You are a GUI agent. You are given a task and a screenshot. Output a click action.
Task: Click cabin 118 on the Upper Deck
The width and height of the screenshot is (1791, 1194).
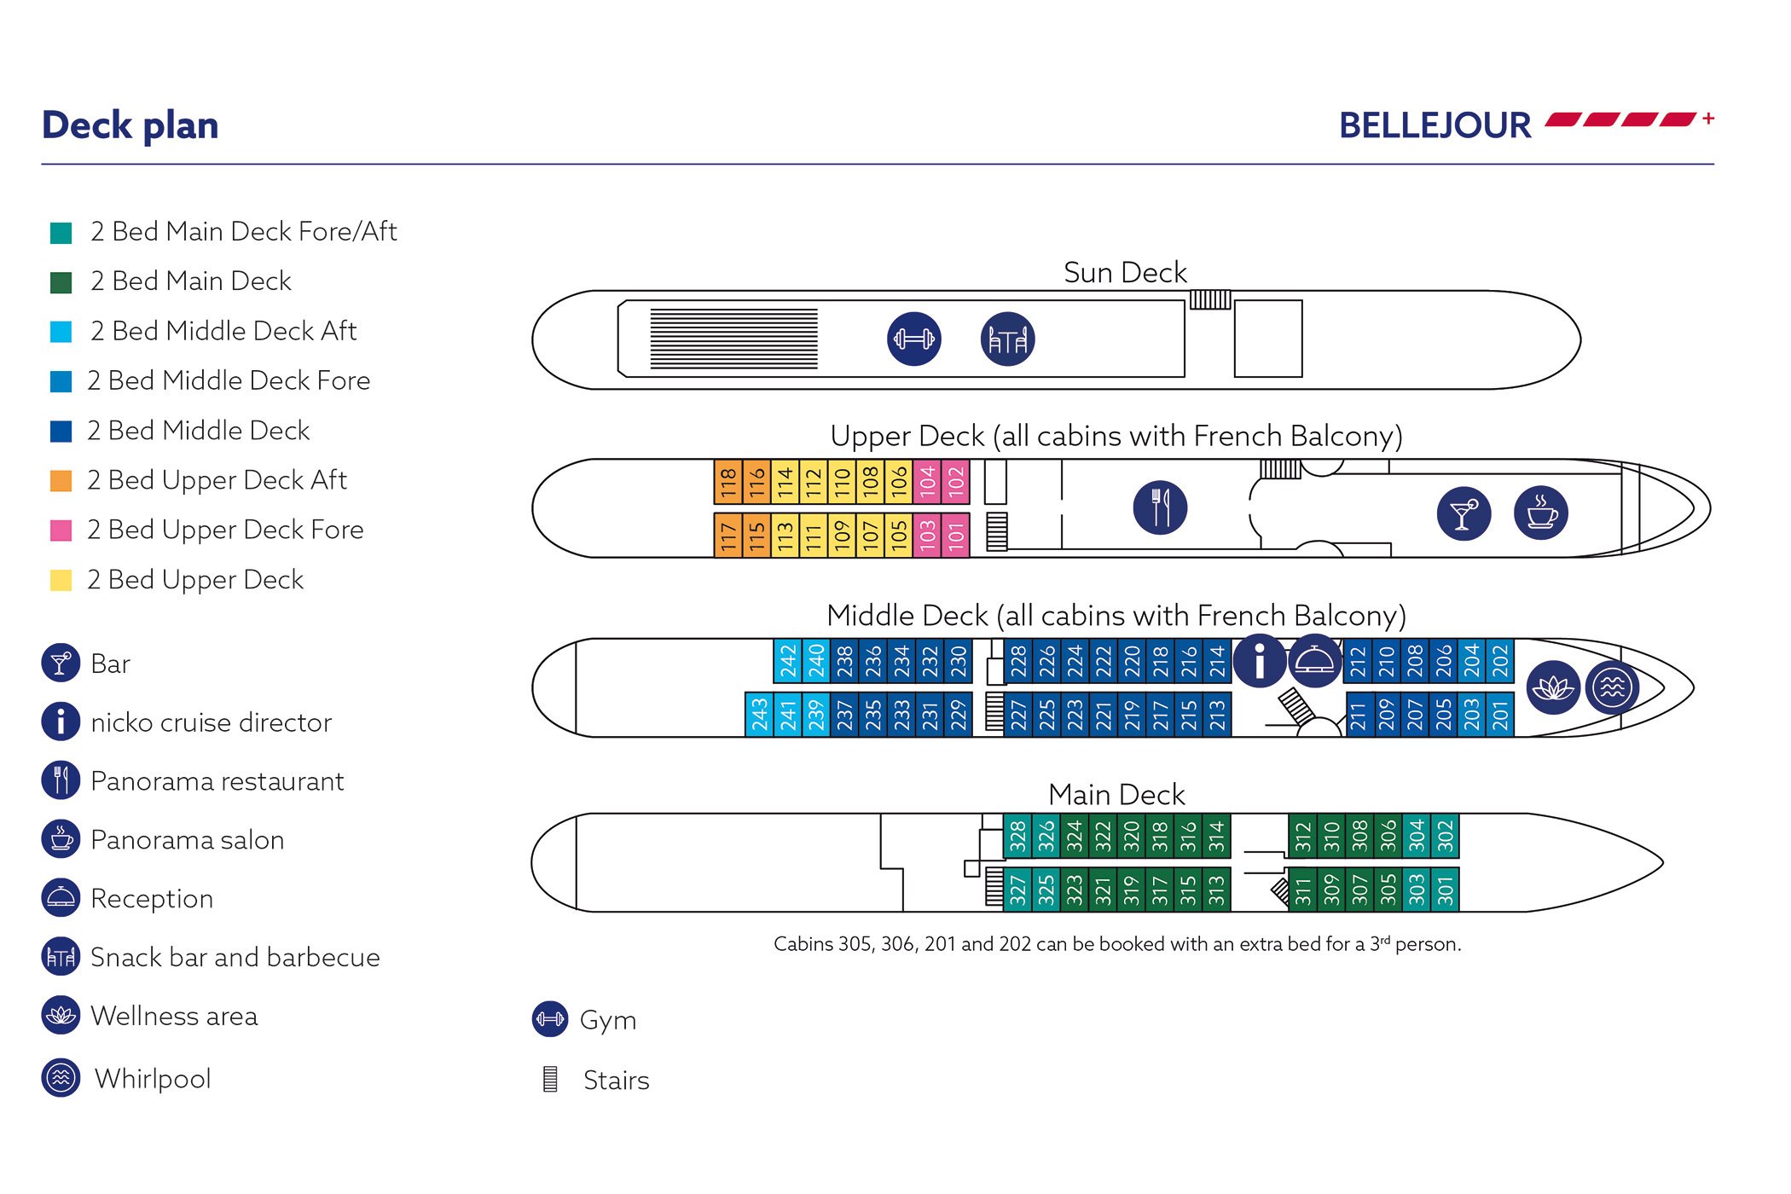727,483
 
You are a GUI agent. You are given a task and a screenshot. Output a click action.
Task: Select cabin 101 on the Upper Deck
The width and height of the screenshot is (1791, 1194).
956,536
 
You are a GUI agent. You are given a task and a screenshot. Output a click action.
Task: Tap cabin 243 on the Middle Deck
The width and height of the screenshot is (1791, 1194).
759,715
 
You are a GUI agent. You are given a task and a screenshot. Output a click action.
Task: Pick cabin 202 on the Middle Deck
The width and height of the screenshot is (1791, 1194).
1500,661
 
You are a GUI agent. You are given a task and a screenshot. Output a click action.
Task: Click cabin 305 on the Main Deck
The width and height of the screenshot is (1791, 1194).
1388,890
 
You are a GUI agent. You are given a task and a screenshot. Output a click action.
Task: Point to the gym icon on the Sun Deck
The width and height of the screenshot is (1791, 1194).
913,339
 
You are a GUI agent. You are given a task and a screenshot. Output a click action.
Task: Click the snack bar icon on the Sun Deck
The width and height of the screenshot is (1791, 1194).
1007,339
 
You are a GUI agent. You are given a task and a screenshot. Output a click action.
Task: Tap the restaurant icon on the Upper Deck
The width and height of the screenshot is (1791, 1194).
1160,507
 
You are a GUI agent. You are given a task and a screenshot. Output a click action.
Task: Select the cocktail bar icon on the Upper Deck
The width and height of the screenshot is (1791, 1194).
1464,513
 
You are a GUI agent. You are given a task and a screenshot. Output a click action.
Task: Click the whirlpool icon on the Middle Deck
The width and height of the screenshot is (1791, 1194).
1612,687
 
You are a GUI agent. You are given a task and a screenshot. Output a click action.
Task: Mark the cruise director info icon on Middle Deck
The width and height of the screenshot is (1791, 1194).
1260,661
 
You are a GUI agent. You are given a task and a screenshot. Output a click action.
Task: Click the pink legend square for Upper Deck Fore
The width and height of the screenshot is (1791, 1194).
61,530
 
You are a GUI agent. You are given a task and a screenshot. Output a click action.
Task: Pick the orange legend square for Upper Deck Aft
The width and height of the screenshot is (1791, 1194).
61,481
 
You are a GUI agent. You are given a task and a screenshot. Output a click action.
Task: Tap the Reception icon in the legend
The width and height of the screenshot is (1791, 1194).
61,898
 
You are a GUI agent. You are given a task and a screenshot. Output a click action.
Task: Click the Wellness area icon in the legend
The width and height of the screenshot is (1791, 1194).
61,1016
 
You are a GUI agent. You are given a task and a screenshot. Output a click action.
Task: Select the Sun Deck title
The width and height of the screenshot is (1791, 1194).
1125,273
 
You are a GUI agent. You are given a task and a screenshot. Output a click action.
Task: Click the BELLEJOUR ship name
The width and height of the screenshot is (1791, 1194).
1435,125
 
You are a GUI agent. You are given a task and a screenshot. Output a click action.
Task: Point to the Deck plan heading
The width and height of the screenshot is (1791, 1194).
130,125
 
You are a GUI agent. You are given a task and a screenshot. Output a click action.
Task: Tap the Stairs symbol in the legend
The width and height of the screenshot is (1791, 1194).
551,1080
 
